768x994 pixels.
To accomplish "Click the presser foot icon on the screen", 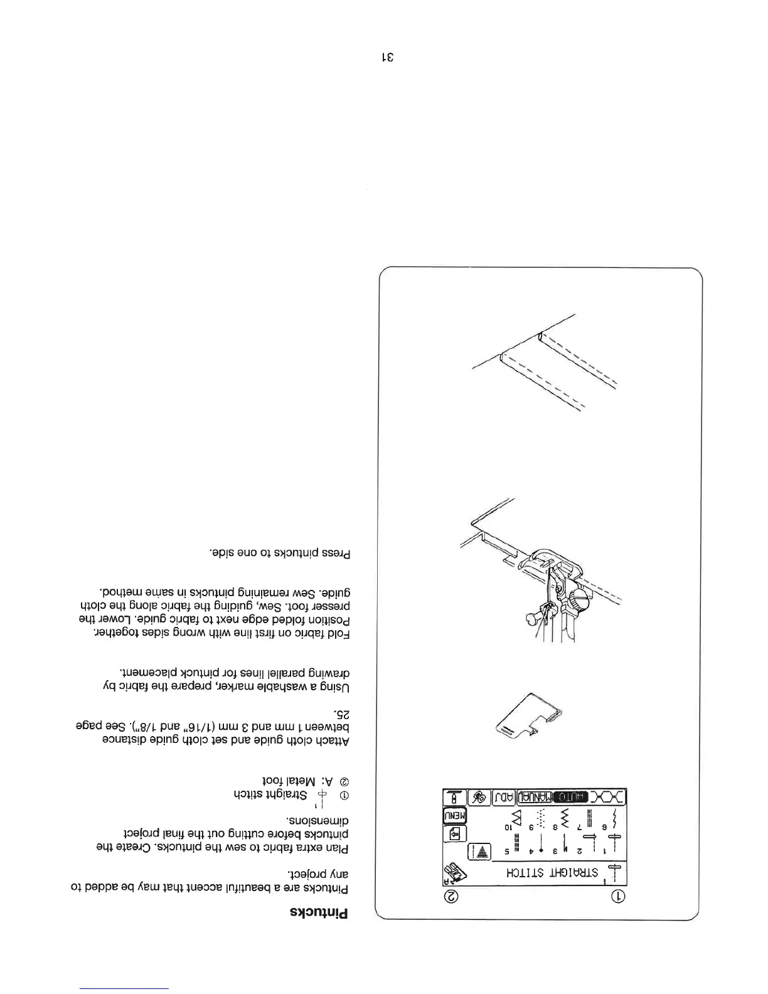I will pyautogui.click(x=453, y=872).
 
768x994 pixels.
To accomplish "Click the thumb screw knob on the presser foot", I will pyautogui.click(x=582, y=594).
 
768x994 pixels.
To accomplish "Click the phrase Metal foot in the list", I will pyautogui.click(x=294, y=783).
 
